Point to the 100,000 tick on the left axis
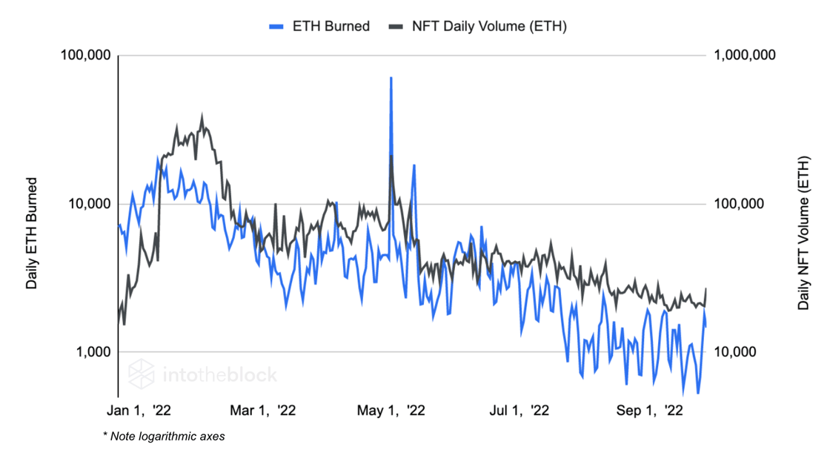[84, 56]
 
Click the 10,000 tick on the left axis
[87, 204]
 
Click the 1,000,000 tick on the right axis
[744, 56]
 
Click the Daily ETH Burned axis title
[32, 233]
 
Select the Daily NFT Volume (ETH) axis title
[803, 233]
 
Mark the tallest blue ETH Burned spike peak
[391, 77]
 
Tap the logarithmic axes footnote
[164, 436]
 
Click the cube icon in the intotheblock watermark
[141, 374]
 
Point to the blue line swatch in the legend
[276, 27]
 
